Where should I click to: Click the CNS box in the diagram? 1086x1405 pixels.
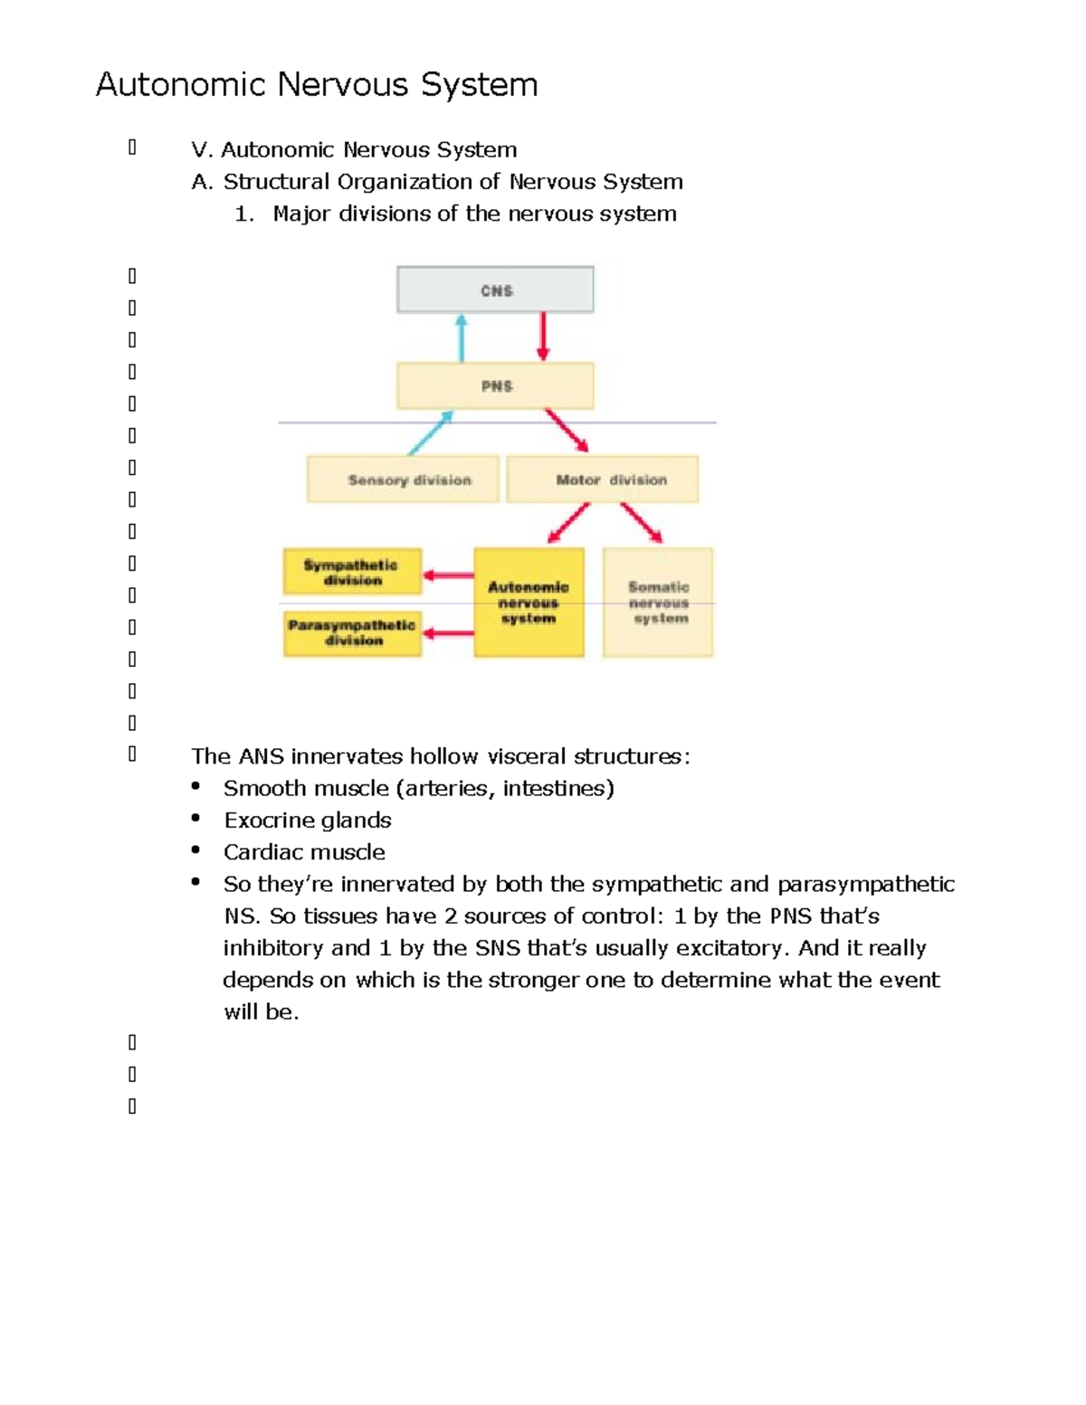coord(495,290)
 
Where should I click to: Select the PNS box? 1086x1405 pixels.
coord(495,386)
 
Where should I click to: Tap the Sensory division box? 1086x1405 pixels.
coord(403,479)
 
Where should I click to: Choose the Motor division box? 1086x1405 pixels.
coord(603,479)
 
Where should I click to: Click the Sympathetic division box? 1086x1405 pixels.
coord(352,572)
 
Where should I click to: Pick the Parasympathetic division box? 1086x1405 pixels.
coord(352,632)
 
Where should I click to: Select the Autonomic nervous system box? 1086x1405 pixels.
coord(529,603)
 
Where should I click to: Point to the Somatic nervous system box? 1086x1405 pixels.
coord(658,603)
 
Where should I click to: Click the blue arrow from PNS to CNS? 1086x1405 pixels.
coord(462,337)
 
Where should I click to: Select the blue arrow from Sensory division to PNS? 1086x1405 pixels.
coord(431,432)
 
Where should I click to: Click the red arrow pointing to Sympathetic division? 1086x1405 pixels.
coord(448,575)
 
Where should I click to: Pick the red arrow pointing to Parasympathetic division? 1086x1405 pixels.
coord(448,633)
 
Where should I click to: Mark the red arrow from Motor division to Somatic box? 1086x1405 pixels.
coord(642,523)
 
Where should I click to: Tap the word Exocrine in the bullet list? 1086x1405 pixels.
coord(263,821)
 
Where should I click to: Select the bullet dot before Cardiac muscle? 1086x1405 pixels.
coord(195,850)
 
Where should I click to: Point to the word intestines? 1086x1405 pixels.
coord(557,789)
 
